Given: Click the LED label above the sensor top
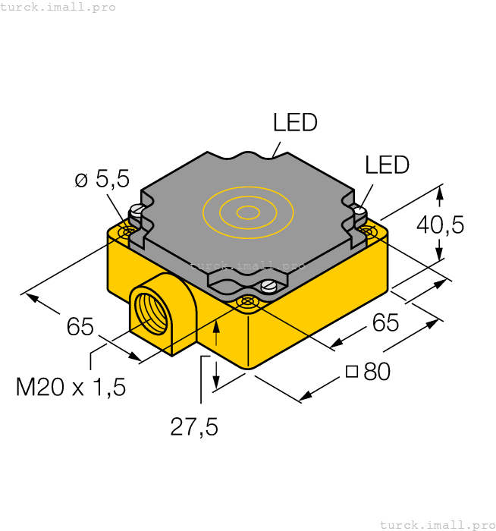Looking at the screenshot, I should [x=295, y=123].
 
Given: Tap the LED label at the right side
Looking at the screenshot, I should [x=387, y=165].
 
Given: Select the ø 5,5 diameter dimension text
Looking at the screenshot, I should [x=102, y=180].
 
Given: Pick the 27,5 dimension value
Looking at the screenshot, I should [x=194, y=427].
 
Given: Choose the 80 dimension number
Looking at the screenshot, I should [x=377, y=372].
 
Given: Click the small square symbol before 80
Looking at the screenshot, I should [x=351, y=372].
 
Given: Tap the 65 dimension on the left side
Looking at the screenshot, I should [x=80, y=327].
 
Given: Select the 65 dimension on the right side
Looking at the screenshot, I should [x=385, y=323].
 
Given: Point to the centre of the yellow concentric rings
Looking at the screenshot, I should [x=246, y=212].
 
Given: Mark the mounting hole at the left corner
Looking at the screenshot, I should [x=130, y=228].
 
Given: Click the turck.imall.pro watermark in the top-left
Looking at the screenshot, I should [x=58, y=7].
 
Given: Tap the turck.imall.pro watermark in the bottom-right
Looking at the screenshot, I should [x=436, y=524].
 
